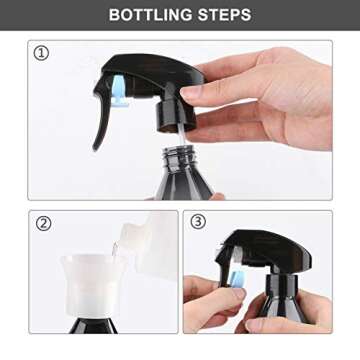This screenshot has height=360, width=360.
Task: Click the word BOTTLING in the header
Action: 151,15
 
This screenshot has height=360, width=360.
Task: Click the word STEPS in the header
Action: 223,15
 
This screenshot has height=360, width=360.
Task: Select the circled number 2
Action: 43,222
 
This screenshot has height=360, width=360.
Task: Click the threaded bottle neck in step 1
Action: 180,160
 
